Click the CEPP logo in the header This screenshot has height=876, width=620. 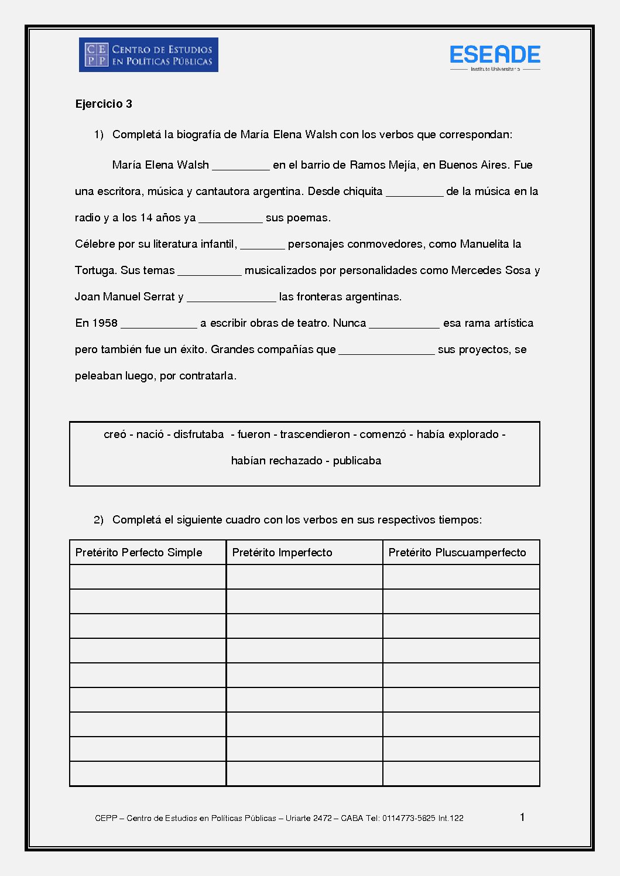click(x=148, y=55)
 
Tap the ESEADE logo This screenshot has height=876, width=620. click(x=495, y=56)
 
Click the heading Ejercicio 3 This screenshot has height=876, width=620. click(x=104, y=104)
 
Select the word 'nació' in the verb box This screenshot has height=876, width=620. click(x=150, y=434)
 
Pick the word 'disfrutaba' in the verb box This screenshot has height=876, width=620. click(x=198, y=434)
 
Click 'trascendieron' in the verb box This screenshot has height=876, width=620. click(x=315, y=434)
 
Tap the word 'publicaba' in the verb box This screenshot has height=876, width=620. click(x=357, y=461)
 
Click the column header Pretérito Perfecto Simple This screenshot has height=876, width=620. click(x=139, y=553)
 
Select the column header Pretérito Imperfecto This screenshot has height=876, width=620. click(x=282, y=553)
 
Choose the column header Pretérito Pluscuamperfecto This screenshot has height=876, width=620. click(x=457, y=553)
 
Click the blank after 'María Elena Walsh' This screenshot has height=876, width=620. click(x=241, y=166)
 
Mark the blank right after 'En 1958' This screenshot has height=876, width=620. click(x=159, y=324)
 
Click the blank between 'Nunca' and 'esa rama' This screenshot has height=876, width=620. click(x=404, y=324)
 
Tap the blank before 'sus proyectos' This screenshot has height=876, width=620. click(x=386, y=350)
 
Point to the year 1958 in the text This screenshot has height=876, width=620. click(x=105, y=323)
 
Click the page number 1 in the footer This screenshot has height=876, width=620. click(x=522, y=817)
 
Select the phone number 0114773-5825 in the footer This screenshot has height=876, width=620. click(x=409, y=819)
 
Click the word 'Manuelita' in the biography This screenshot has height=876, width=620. click(x=484, y=244)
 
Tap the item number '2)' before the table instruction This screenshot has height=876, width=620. click(x=98, y=520)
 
